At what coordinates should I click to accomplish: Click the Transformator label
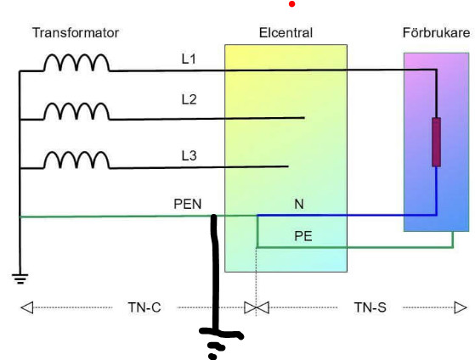[x=76, y=33]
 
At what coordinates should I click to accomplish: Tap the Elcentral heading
[x=286, y=33]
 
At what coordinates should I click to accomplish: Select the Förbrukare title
[x=436, y=33]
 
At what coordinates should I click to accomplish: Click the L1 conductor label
[x=189, y=59]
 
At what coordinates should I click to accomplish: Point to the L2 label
[x=189, y=99]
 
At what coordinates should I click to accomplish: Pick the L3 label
[x=189, y=155]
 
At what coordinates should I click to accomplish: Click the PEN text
[x=188, y=204]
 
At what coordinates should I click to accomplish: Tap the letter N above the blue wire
[x=299, y=204]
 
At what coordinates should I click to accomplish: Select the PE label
[x=303, y=236]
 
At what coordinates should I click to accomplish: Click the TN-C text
[x=144, y=307]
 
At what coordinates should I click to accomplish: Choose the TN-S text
[x=370, y=307]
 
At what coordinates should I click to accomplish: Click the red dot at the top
[x=292, y=4]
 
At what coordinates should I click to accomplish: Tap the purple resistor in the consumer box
[x=436, y=142]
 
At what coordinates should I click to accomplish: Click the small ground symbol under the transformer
[x=20, y=278]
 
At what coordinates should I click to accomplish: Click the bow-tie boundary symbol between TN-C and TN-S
[x=257, y=307]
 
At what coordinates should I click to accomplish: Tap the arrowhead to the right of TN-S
[x=461, y=307]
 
